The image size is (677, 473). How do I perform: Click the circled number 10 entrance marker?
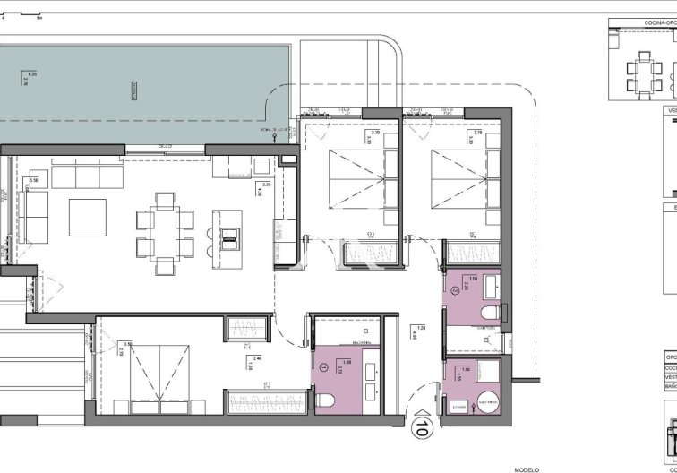(x=419, y=428)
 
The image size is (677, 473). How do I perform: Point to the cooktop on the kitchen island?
(x=230, y=236)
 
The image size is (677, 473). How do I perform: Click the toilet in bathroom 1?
(x=325, y=399)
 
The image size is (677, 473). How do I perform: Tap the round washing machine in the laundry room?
(x=489, y=402)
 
